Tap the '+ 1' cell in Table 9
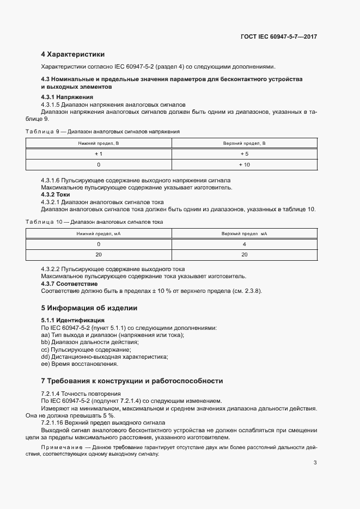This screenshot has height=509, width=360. (x=99, y=154)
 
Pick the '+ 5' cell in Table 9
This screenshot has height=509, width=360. (x=244, y=154)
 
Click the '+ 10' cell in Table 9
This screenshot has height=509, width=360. (x=244, y=164)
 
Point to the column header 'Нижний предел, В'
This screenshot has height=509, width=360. (x=99, y=143)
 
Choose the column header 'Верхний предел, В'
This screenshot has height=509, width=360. (x=244, y=143)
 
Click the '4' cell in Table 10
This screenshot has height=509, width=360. (x=244, y=244)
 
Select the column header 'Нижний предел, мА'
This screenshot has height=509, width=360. (x=99, y=234)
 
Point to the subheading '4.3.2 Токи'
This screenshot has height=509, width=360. (x=56, y=194)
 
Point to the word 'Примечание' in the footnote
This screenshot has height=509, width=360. (x=60, y=447)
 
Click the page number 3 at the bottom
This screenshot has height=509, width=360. (x=315, y=463)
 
